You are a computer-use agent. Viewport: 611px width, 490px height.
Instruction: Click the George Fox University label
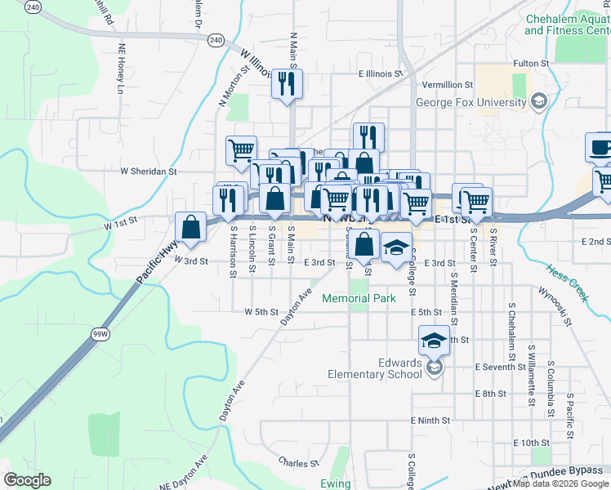[471, 103]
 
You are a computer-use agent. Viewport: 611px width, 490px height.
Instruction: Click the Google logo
[28, 479]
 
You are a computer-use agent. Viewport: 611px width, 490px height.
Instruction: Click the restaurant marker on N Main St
[287, 84]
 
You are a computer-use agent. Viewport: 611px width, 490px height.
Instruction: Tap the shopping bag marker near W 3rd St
[190, 228]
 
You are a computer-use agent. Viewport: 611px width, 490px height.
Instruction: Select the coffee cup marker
[600, 148]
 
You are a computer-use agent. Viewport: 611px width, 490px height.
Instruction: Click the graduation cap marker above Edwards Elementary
[434, 341]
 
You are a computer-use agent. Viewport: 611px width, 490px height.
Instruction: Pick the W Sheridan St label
[149, 172]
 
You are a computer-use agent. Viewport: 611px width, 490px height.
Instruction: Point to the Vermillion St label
[447, 85]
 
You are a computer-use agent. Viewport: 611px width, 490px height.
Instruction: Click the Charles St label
[297, 463]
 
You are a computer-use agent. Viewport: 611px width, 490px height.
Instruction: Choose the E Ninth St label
[431, 421]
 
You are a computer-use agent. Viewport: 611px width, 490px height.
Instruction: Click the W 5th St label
[261, 312]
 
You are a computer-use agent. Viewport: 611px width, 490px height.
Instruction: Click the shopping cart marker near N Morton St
[242, 150]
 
